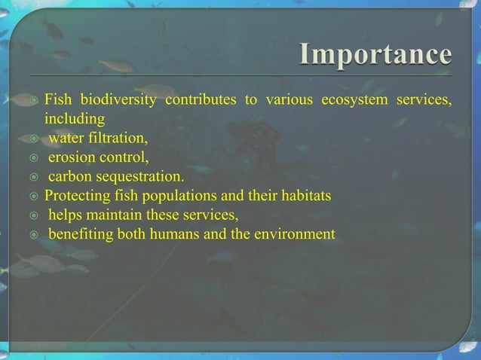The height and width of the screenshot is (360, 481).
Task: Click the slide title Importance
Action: pyautogui.click(x=376, y=56)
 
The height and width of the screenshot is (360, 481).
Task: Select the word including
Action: pyautogui.click(x=75, y=119)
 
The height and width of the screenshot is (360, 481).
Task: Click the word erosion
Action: pyautogui.click(x=72, y=158)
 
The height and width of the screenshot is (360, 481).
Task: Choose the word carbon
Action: pyautogui.click(x=70, y=178)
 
